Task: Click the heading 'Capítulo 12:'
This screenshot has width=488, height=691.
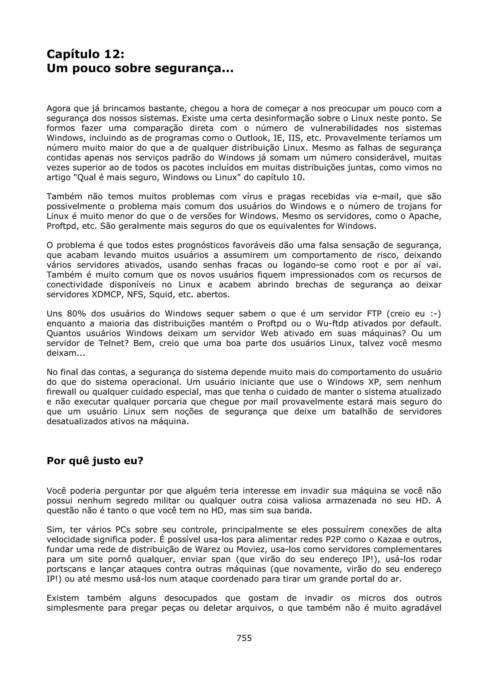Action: pos(85,54)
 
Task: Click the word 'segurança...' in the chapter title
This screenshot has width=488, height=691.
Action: pos(194,69)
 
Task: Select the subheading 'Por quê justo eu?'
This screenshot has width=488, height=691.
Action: pos(95,460)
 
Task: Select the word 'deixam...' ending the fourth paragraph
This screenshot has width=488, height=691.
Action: pos(66,353)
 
